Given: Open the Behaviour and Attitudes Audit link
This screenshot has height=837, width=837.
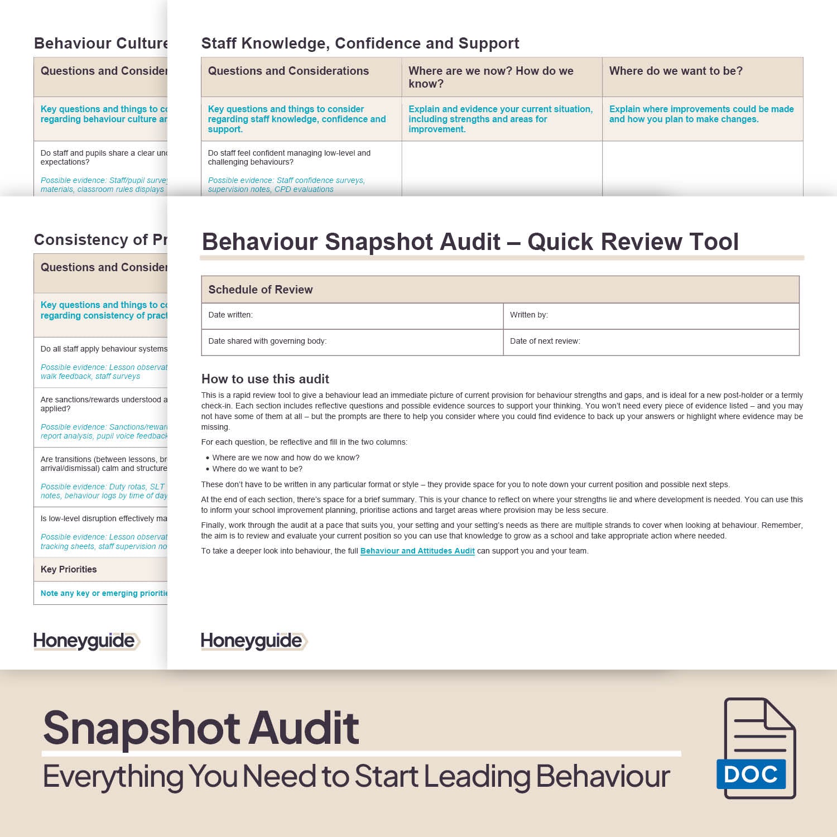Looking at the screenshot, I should point(417,551).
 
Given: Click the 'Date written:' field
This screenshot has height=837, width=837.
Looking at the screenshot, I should point(352,315).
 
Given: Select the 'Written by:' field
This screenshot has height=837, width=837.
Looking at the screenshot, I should point(651,315).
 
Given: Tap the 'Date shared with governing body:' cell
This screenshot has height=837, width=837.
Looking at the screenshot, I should point(352,341).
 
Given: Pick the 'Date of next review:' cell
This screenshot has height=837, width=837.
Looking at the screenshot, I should point(651,341).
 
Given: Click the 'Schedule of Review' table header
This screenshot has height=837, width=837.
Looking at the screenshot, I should point(261,290).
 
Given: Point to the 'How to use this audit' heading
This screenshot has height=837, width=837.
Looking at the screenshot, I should point(265,379).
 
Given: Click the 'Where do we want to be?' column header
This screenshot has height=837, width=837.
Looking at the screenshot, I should point(676,71).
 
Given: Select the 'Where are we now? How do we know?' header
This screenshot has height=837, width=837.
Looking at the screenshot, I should point(491,77).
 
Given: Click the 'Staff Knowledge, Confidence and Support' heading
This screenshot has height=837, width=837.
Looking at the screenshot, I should point(360,44).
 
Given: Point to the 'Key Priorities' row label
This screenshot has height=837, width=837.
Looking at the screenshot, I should point(69,569).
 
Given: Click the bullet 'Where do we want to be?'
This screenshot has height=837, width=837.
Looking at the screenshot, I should point(257,469).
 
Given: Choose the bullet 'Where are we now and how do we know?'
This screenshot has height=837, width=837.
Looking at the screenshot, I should point(286,458).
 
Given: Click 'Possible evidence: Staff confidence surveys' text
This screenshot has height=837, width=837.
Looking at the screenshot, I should point(286,181).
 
